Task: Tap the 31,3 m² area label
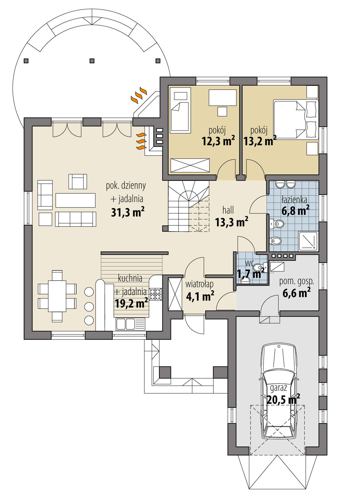(128, 213)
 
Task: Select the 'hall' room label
(228, 210)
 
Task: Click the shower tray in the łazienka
(308, 241)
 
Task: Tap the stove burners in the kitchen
(156, 294)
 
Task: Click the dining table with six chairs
(57, 296)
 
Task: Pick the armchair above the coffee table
(78, 181)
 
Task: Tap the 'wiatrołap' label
(199, 284)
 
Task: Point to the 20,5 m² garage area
(283, 400)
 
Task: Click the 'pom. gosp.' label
(296, 281)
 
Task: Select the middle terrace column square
(92, 61)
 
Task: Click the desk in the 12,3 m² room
(223, 97)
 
